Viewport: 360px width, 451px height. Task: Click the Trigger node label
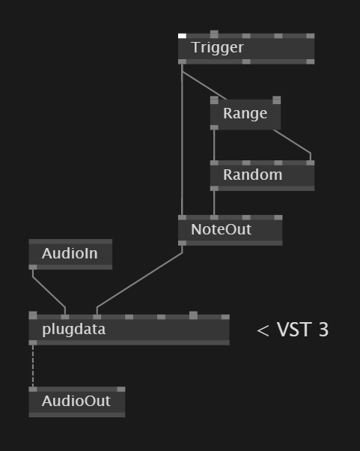218,48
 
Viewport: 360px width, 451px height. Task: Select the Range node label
245,113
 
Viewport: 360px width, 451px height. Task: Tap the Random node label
252,175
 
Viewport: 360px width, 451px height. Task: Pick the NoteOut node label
222,229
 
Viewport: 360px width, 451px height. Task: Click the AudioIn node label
70,253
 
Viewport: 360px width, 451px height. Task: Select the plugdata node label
74,330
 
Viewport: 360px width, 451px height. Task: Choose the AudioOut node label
76,401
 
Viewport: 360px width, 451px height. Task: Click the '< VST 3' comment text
293,330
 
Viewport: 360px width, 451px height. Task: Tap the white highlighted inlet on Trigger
182,36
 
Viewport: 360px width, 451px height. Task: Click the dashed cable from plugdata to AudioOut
33,366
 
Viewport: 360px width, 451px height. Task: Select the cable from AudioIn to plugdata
49,291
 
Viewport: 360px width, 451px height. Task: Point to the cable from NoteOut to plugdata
140,279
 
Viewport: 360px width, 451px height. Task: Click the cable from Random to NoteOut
214,203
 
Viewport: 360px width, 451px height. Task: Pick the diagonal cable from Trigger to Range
204,85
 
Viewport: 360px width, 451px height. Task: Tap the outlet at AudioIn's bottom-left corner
33,267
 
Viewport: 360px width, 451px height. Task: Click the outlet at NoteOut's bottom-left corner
182,243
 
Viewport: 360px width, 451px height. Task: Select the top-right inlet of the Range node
277,100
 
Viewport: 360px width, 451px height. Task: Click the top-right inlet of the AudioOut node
121,389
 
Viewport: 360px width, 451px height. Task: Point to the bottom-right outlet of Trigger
311,61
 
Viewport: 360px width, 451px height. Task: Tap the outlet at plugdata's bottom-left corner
33,342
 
